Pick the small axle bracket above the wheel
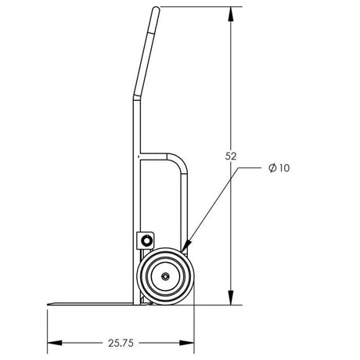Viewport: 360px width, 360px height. pos(146,239)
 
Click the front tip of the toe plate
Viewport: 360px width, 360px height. pos(50,302)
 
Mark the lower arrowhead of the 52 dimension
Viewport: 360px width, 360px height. pos(231,299)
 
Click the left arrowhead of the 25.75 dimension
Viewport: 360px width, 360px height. pos(52,343)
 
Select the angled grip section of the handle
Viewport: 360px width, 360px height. pos(146,55)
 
